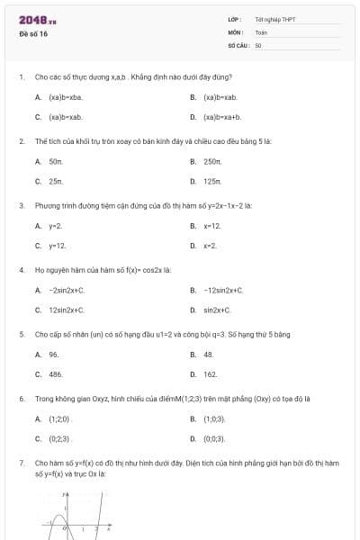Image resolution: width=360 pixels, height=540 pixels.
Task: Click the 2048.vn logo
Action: (x=37, y=19)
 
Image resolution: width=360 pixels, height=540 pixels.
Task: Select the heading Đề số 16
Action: (x=33, y=33)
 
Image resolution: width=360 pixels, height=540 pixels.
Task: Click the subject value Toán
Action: (x=261, y=31)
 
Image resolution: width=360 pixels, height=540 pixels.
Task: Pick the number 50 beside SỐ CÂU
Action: (x=258, y=44)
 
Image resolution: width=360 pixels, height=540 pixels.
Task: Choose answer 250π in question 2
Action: (x=212, y=161)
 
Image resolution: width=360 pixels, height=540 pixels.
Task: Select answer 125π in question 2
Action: (x=212, y=181)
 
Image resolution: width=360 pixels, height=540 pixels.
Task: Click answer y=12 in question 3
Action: (x=57, y=245)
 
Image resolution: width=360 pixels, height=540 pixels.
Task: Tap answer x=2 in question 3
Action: (x=211, y=245)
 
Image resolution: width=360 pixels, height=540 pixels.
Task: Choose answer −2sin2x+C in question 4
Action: (x=67, y=290)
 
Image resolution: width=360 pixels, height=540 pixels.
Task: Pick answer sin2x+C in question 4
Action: (x=217, y=310)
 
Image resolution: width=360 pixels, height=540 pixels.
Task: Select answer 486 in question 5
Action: (x=56, y=373)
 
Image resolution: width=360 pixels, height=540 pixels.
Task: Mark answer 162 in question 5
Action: (x=211, y=373)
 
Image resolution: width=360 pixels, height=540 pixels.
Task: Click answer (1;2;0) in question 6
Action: (x=58, y=418)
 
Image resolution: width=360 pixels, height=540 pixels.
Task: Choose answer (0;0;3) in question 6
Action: (x=214, y=438)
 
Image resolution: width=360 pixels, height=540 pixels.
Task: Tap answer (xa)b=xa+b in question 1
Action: (x=222, y=116)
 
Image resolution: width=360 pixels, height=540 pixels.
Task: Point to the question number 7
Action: (x=21, y=462)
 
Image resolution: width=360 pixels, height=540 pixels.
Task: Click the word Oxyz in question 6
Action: (x=93, y=397)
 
